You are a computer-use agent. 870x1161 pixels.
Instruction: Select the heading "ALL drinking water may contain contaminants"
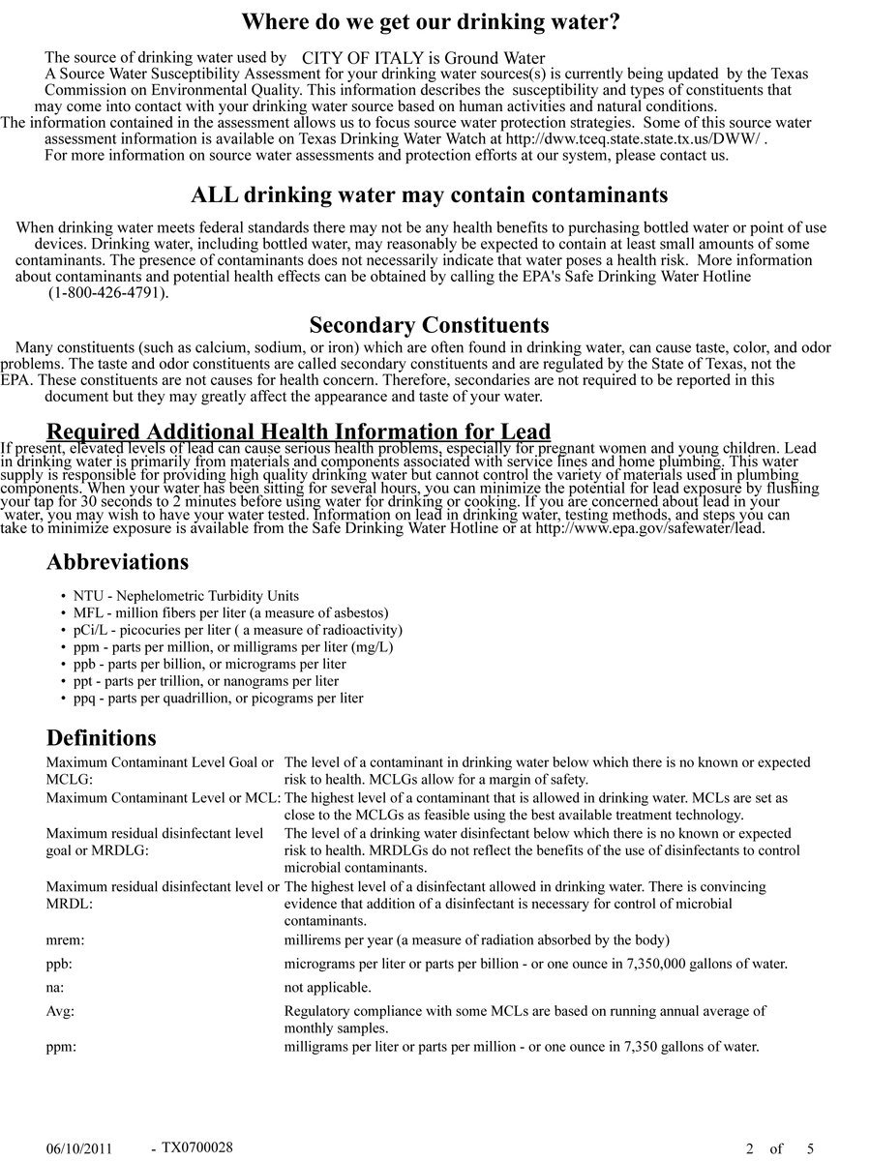(x=430, y=195)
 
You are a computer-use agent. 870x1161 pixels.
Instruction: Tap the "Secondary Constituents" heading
(x=429, y=325)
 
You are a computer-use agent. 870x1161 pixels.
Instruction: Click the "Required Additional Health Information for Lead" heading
(x=298, y=432)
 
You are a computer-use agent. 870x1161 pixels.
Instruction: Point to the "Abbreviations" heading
(x=117, y=562)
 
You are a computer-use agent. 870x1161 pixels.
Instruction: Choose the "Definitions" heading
(x=101, y=738)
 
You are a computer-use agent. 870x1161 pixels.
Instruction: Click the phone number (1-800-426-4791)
(x=108, y=292)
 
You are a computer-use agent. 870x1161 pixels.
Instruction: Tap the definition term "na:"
(x=56, y=988)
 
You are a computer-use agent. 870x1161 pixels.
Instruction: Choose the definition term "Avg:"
(x=60, y=1011)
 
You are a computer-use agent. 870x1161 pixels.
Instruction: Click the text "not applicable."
(x=327, y=988)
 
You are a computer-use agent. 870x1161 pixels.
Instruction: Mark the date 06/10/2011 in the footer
(x=79, y=1149)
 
